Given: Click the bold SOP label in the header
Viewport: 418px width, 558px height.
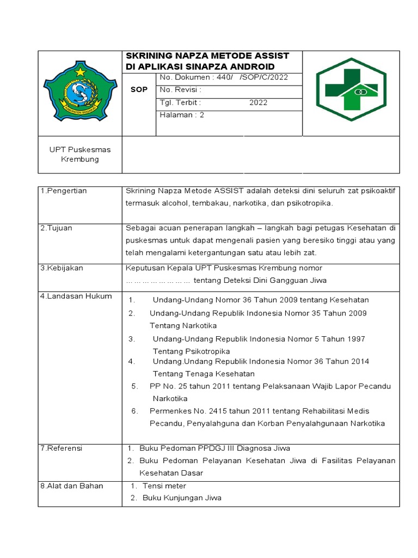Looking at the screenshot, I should coord(139,90).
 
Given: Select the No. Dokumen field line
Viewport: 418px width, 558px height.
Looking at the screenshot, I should coord(223,77).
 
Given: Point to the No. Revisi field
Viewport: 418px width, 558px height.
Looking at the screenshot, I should coord(181,90).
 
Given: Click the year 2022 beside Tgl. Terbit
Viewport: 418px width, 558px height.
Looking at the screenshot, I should coord(259,102).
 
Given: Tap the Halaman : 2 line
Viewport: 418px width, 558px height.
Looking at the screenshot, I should coord(182,115).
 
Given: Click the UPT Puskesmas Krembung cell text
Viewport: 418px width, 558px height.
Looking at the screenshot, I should coord(80,154).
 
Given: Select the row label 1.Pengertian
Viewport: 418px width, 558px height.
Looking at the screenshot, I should coord(64,191).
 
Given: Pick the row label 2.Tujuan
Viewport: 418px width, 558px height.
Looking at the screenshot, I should coord(56,228).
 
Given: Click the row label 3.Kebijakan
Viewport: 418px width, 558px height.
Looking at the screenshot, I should coord(62,268).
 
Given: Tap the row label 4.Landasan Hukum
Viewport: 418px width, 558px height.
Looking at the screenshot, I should coord(76,296).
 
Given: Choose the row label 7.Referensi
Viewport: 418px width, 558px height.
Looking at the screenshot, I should coord(61,448).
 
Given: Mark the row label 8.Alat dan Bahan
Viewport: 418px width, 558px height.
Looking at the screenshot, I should coord(71,486).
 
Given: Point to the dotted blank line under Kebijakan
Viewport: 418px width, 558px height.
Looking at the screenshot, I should coord(158,281).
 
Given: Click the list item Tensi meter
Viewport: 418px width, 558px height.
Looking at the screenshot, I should coord(164,486).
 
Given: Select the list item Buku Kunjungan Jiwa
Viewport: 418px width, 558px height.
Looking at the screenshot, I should coord(182,498).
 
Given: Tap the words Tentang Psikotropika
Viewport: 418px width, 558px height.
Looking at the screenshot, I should coord(191,351).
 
